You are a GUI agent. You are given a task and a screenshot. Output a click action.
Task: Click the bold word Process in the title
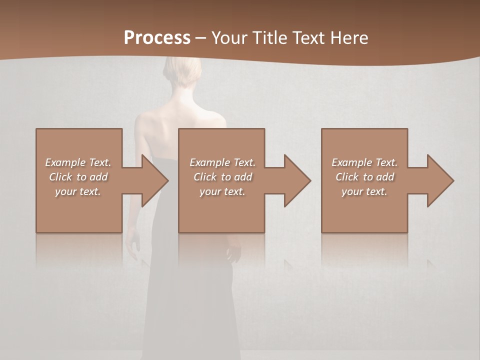157,38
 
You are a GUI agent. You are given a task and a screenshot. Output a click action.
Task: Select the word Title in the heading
270,38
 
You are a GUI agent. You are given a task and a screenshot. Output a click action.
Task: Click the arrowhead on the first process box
154,180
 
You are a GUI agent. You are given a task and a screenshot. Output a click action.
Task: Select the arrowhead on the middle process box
297,180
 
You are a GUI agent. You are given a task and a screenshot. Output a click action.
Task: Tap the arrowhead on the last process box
440,180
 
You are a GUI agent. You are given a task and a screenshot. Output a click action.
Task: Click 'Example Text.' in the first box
78,162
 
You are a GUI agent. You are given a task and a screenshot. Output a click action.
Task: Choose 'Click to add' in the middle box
222,177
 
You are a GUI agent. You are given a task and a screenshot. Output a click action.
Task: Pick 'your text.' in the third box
364,191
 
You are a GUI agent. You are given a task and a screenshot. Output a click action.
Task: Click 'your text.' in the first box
78,191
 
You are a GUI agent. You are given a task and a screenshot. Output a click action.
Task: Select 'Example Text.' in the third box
364,162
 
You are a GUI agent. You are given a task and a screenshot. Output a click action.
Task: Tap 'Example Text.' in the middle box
222,162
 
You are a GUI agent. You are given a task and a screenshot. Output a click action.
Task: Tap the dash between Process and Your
200,38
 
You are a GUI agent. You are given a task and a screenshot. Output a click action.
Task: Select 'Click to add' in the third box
364,177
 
